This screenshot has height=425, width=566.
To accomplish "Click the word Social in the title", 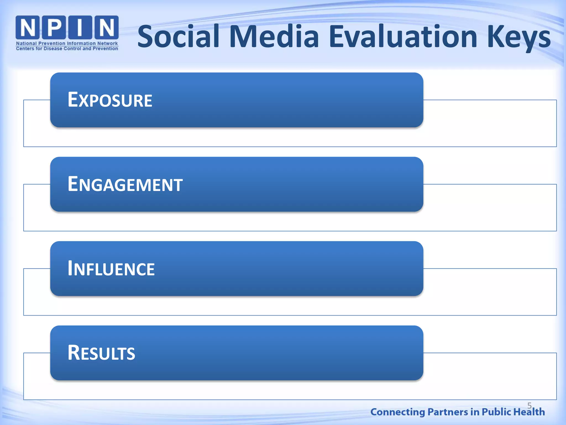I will (178, 37).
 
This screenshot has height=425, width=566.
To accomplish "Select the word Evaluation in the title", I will (403, 37).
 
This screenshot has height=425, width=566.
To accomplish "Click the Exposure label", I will (110, 100).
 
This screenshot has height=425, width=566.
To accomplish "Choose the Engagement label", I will (125, 184).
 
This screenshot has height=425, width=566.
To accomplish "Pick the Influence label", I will (111, 269).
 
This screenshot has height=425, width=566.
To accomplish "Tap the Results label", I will (101, 353).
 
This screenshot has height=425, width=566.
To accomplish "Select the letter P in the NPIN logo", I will (54, 27).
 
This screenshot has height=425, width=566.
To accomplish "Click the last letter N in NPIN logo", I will (106, 27).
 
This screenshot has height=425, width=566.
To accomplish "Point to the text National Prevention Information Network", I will (67, 43).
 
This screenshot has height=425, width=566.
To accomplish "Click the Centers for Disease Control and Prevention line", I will (67, 49).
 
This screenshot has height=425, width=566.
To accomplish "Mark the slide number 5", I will (529, 406).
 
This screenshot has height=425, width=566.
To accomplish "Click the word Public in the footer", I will (496, 412).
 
